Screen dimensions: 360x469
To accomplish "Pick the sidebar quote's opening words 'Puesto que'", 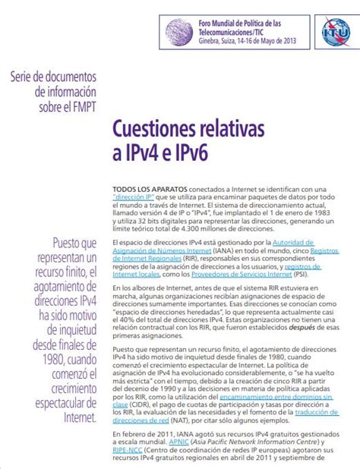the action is [74, 244].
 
